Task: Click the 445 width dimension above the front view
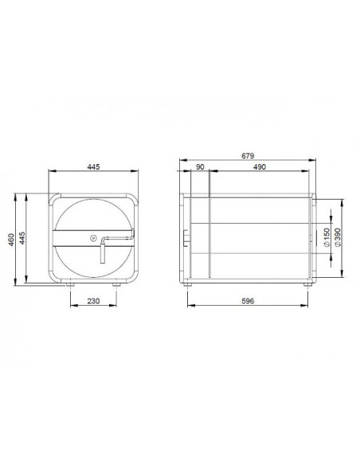point(94,167)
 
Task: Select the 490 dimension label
point(259,168)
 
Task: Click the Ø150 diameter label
point(327,236)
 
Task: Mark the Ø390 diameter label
point(340,236)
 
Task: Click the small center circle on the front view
point(94,236)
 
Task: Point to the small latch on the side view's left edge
point(185,236)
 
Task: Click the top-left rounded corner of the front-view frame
point(53,197)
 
